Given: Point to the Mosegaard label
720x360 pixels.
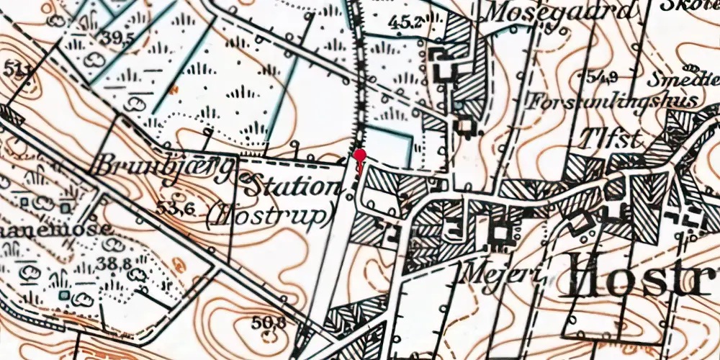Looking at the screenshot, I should pyautogui.click(x=562, y=12).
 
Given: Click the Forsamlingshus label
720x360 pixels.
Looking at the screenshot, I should pyautogui.click(x=613, y=100).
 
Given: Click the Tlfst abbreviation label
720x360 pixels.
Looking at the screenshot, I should pyautogui.click(x=612, y=139).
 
